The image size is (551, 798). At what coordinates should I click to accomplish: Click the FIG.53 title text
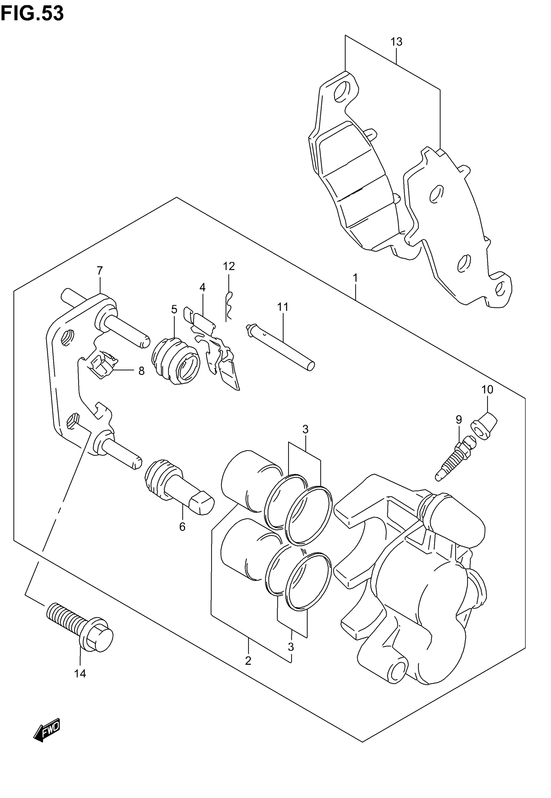(x=32, y=14)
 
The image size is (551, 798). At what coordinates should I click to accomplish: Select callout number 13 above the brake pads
(x=396, y=42)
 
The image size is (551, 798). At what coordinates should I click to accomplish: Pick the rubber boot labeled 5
(x=175, y=361)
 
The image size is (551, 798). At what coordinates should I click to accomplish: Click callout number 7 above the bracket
(x=100, y=271)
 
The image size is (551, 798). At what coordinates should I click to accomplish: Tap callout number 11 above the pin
(x=282, y=307)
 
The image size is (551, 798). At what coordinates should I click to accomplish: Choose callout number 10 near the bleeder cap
(x=487, y=390)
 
